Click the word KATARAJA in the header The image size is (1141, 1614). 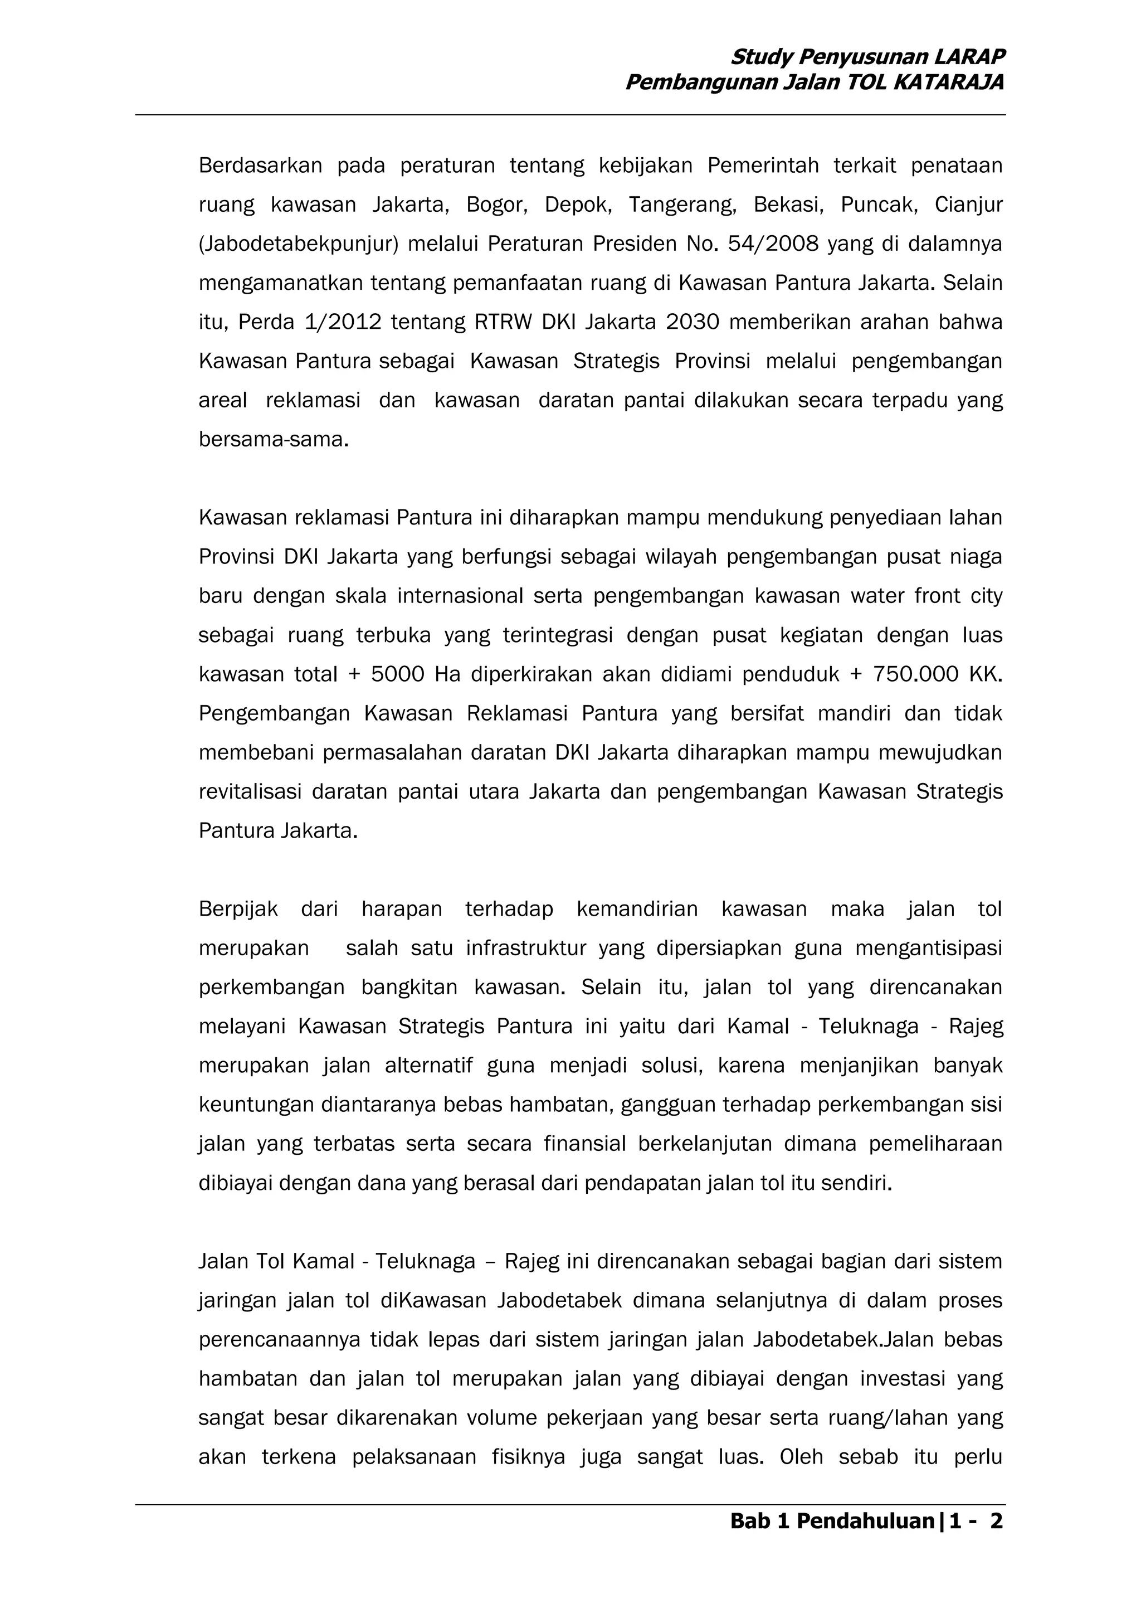click(x=948, y=84)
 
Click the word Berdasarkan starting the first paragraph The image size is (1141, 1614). click(x=260, y=166)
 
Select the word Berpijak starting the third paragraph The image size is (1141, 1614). click(x=238, y=910)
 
